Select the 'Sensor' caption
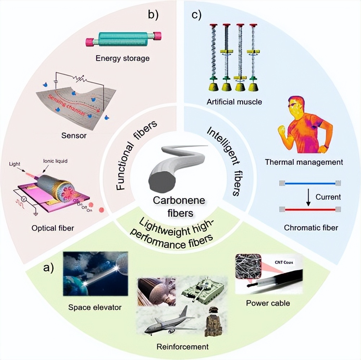click(73, 136)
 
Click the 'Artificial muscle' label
click(234, 102)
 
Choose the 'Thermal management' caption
click(304, 162)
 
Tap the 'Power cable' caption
click(268, 303)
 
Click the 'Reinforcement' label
click(183, 347)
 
